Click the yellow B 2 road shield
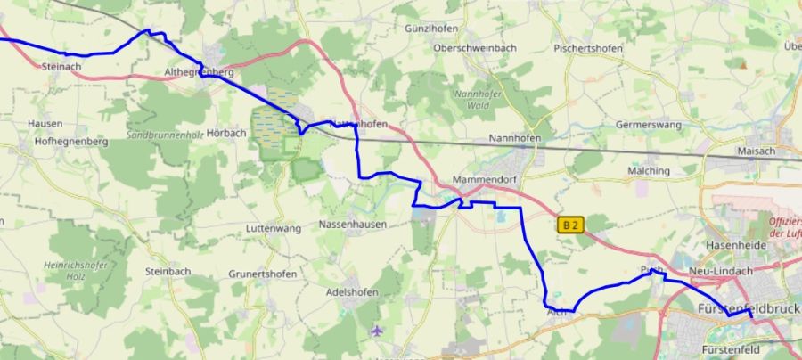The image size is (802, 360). tap(570, 225)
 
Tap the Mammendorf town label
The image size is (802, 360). tap(486, 180)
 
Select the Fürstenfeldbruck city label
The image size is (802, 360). tap(747, 307)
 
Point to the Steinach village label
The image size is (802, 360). tap(61, 66)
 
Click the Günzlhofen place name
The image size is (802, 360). tap(431, 29)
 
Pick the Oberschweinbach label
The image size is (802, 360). tap(475, 47)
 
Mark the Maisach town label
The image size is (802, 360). tap(757, 151)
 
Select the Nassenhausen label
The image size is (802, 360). tap(353, 225)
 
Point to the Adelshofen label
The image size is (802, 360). tap(353, 292)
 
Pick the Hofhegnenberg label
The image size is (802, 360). tap(71, 142)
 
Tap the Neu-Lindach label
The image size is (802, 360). tap(721, 271)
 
